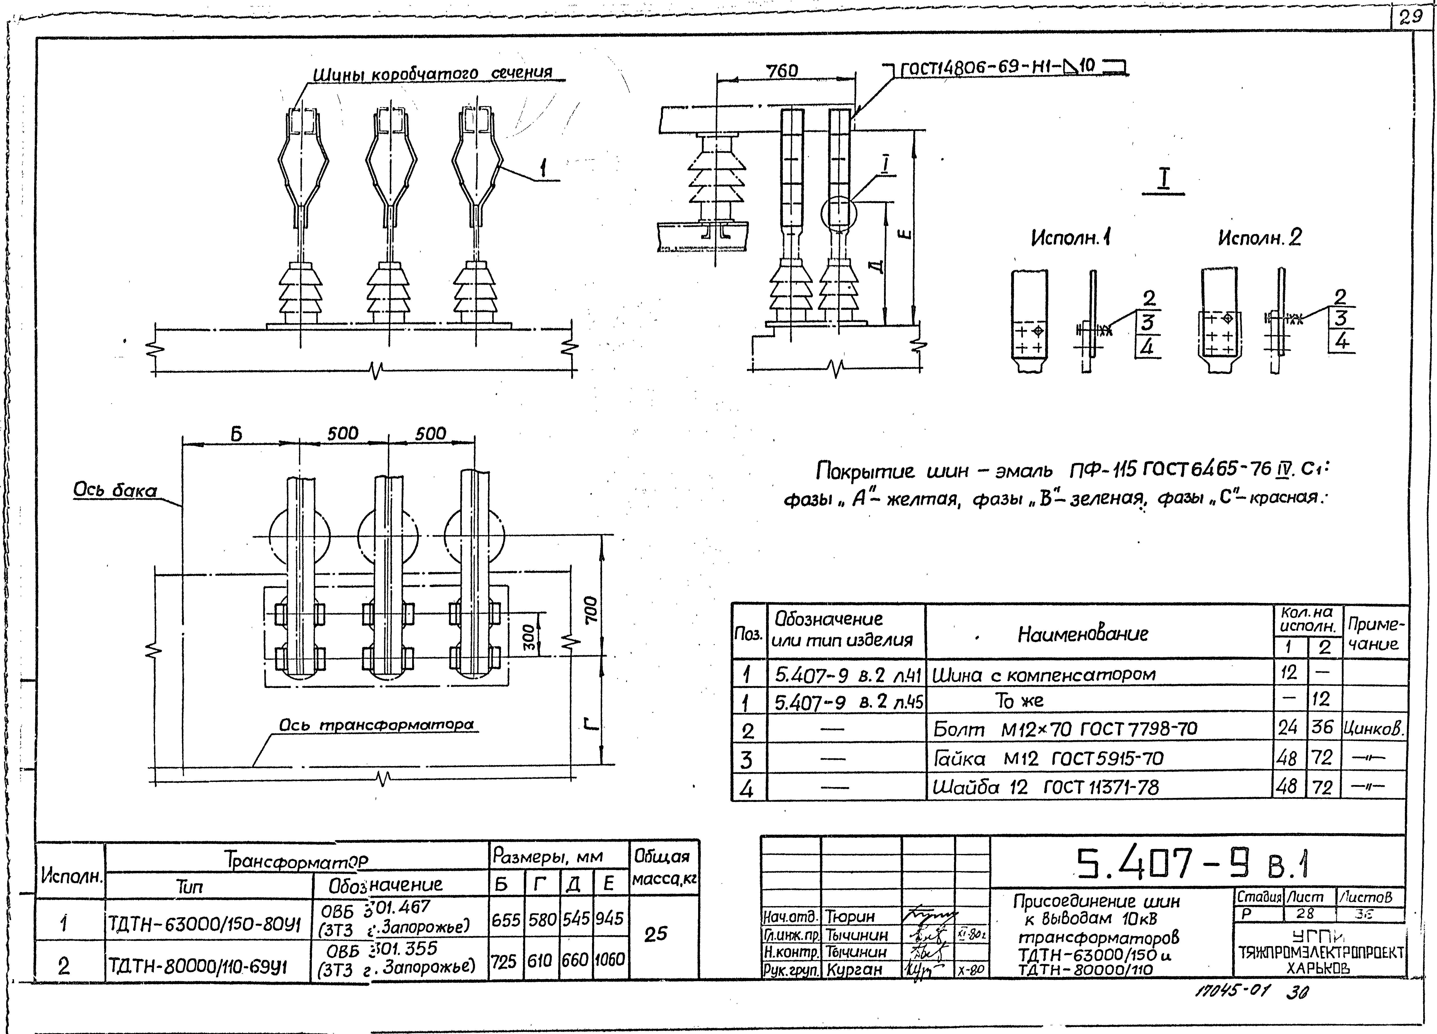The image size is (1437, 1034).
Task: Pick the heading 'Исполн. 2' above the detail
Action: point(1260,238)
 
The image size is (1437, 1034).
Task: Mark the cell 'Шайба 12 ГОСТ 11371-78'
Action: point(1045,787)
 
